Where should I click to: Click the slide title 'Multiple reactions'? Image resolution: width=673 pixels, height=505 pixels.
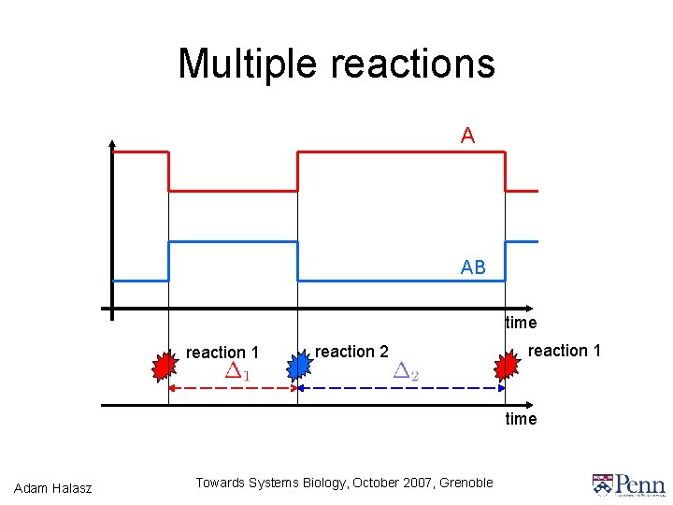click(336, 64)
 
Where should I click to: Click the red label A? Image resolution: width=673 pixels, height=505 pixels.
click(467, 136)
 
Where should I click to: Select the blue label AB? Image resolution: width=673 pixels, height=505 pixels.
click(473, 267)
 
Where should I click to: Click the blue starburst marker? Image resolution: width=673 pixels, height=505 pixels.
click(296, 366)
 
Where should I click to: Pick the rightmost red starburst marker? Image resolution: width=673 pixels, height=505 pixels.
click(506, 366)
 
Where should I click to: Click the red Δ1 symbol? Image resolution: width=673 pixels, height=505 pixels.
click(237, 371)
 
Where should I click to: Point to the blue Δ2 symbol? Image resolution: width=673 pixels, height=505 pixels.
click(406, 371)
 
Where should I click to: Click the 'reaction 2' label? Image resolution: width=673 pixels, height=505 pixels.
click(351, 352)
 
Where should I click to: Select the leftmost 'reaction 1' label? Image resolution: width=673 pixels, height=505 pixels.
click(222, 353)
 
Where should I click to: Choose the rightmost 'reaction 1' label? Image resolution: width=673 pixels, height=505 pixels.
click(565, 351)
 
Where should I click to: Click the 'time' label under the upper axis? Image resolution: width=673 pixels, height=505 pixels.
click(521, 323)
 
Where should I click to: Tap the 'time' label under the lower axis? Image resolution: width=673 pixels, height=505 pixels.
click(521, 419)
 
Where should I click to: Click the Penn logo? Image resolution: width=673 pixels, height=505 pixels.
click(628, 483)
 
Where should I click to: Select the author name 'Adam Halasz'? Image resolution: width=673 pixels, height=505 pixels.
click(53, 486)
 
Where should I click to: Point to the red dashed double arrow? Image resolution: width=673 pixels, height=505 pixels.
click(232, 387)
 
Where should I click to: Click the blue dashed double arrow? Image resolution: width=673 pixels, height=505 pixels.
click(402, 387)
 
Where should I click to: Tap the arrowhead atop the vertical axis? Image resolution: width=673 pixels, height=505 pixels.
click(112, 144)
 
